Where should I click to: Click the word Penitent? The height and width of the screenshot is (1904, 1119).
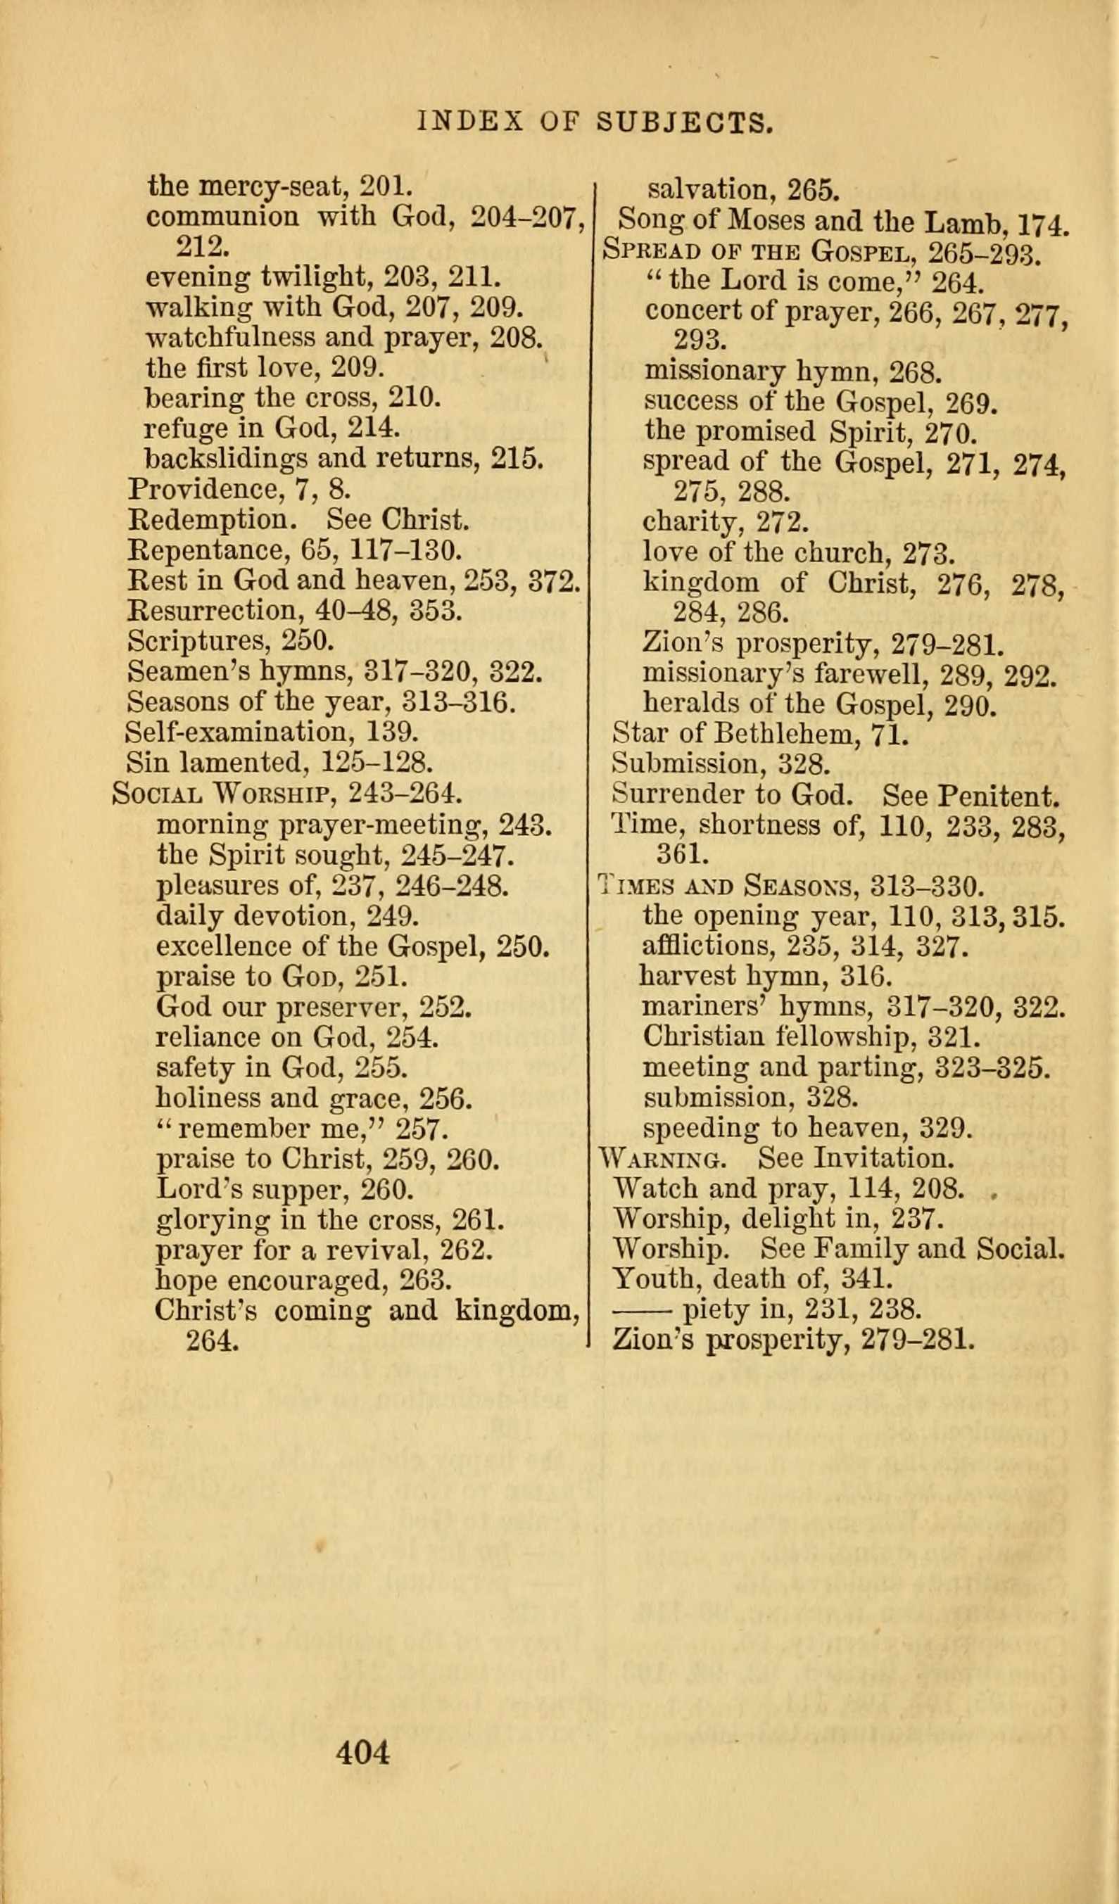(1001, 795)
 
